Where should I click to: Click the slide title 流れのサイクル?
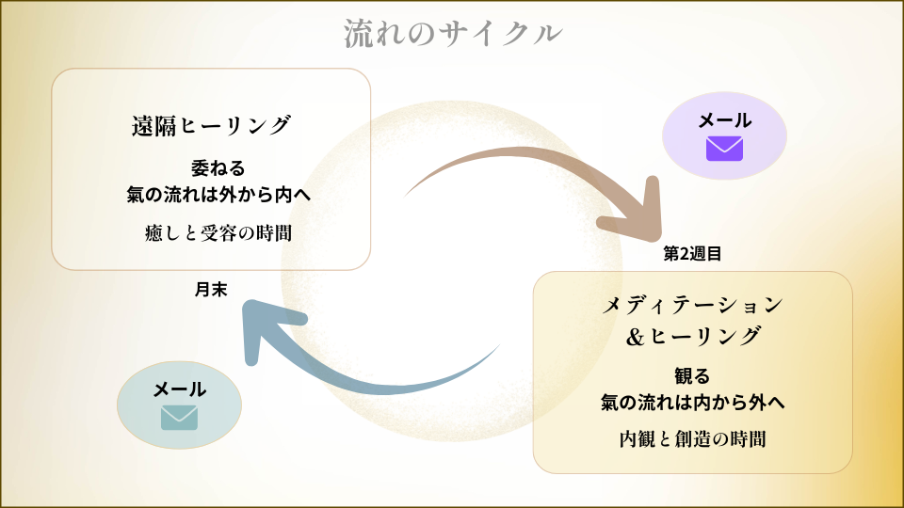[453, 33]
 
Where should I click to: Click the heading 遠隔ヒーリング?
[211, 125]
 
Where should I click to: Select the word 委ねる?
[211, 169]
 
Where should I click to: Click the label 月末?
[211, 289]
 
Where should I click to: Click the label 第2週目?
[692, 253]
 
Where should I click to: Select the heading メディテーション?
[692, 305]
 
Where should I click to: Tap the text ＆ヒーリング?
[692, 335]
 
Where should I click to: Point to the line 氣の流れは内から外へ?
[692, 403]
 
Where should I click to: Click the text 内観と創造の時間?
[692, 438]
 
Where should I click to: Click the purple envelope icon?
[724, 149]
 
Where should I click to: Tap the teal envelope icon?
[179, 416]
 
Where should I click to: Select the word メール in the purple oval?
[724, 120]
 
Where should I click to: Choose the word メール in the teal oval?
[179, 389]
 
